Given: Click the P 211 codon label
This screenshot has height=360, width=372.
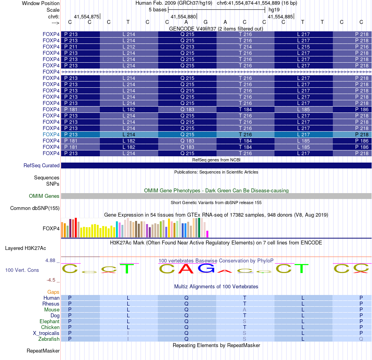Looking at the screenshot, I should tap(71, 47).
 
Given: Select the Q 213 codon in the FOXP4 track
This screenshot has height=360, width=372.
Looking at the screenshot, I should tap(187, 47).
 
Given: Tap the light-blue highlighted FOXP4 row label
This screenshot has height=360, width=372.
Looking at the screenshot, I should tap(51, 134).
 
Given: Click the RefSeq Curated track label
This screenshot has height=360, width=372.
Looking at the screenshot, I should tap(42, 166).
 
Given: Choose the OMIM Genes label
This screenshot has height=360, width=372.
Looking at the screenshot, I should tap(44, 196).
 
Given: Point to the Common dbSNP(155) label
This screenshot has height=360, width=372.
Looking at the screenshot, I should tap(35, 208).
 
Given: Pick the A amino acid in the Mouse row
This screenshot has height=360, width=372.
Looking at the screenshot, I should tap(245, 309).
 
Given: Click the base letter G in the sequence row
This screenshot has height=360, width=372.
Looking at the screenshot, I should tap(206, 22).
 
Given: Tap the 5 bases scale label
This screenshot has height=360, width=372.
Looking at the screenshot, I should tap(157, 9).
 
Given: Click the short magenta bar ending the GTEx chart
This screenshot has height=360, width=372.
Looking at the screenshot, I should tap(207, 234).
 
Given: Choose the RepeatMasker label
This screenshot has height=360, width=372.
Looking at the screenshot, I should tap(43, 351).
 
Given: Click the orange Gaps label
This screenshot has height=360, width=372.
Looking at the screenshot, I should tap(53, 292).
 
